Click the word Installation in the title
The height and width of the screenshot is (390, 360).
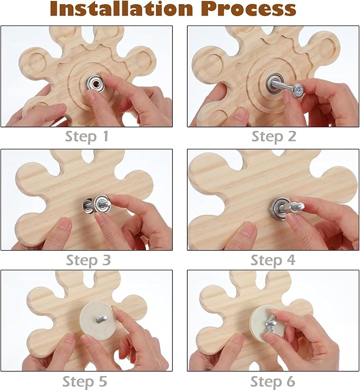click(x=121, y=8)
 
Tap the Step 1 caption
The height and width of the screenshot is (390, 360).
click(x=87, y=137)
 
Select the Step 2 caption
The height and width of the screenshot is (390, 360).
click(x=274, y=137)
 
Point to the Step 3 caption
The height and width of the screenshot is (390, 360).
click(x=89, y=260)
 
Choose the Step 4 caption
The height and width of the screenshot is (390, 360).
click(x=273, y=260)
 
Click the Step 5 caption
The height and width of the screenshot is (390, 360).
click(x=85, y=382)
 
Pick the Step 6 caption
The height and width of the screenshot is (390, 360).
click(x=273, y=382)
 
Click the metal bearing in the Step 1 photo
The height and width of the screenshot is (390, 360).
click(x=95, y=84)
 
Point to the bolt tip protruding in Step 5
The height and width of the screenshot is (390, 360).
click(x=102, y=319)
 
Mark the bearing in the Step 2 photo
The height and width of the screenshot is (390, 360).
click(x=274, y=83)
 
